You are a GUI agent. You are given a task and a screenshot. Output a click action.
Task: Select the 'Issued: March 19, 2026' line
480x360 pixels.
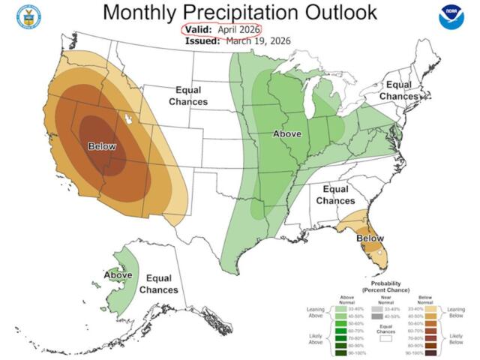(x=238, y=41)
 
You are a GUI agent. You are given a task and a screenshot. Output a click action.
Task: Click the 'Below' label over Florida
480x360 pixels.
(x=370, y=238)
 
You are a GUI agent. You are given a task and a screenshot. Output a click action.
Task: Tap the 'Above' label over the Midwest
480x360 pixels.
(x=286, y=134)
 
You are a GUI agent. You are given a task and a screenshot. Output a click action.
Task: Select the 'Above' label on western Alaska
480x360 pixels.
(x=118, y=275)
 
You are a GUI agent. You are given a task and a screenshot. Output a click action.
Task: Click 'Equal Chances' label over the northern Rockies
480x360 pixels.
(x=188, y=95)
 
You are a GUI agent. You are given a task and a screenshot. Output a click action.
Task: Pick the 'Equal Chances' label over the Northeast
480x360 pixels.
(x=400, y=91)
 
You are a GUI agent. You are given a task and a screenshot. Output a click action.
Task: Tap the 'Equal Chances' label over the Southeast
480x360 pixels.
(x=335, y=196)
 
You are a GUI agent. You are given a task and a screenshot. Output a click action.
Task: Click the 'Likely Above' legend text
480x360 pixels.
(x=315, y=338)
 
